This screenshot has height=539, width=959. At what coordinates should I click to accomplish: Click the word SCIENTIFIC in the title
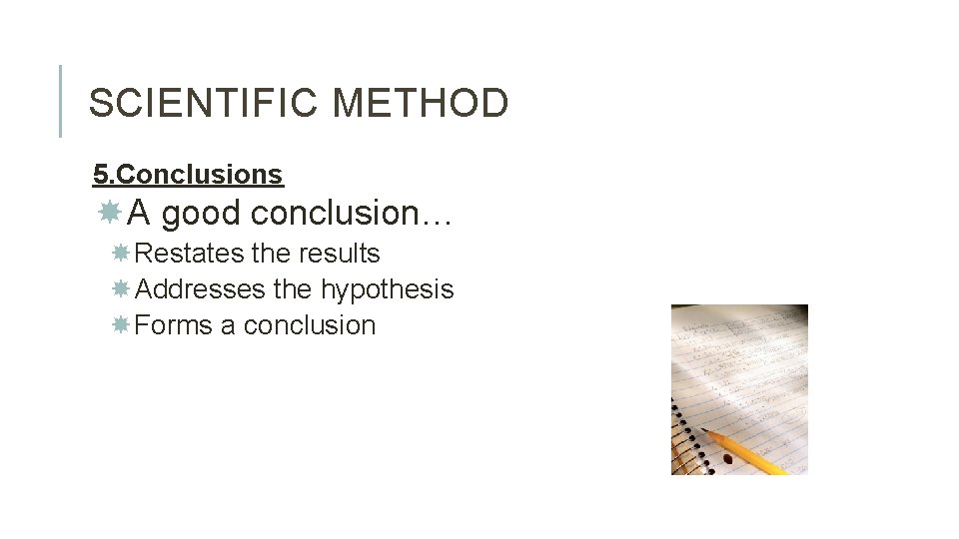coord(206,103)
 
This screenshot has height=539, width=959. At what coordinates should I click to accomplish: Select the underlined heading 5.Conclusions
coord(188,175)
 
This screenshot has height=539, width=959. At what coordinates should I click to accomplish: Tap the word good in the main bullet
coord(202,213)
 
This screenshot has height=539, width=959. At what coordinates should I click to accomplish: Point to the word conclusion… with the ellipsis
coord(354,213)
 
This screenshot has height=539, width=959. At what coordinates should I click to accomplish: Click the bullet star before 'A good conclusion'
coord(110,212)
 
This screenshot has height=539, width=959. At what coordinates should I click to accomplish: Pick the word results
coord(340,254)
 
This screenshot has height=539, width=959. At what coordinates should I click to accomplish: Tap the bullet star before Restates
coord(120,254)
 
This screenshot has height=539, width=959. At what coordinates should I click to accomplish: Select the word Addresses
coord(199,289)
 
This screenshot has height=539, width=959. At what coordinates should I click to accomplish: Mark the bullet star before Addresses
coord(120,289)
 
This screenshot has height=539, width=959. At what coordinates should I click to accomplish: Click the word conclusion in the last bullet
coord(310,325)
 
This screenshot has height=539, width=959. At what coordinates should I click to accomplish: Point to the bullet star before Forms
coord(120,325)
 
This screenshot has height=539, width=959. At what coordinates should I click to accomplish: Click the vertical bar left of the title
coord(61,101)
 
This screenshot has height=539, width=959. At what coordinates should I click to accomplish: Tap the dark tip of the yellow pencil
coord(705,430)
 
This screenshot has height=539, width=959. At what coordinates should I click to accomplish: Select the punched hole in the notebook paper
coord(726,459)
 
